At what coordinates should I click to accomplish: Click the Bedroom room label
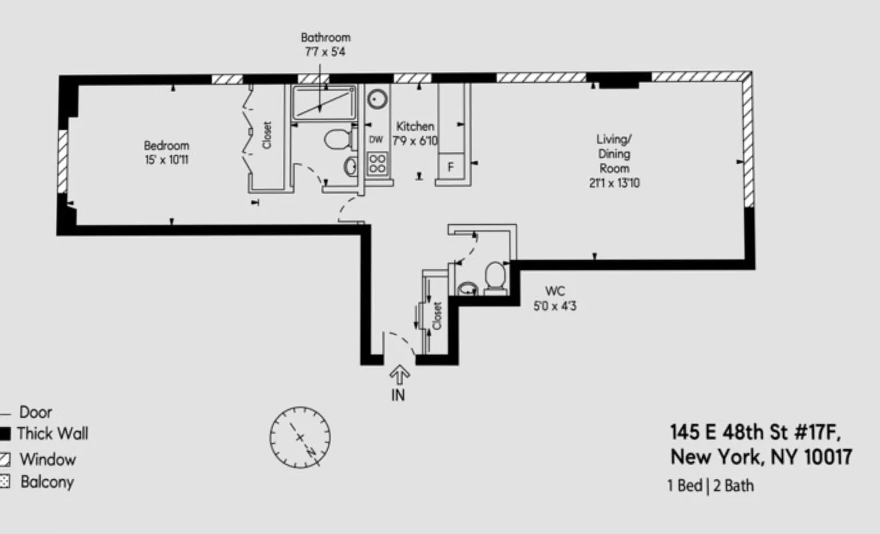166,152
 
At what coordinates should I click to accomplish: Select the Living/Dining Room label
613,160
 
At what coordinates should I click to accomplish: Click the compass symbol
300,438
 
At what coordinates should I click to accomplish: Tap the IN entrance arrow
398,376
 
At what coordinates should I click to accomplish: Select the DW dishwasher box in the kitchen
376,140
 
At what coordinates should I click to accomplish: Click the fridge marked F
450,167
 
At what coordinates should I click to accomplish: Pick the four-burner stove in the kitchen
377,164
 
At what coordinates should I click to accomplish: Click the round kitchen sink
378,99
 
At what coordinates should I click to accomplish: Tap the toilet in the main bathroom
338,140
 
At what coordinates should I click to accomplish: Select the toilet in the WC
495,276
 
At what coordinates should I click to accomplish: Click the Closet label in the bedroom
268,135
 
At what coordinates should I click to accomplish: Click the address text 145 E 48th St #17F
751,433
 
